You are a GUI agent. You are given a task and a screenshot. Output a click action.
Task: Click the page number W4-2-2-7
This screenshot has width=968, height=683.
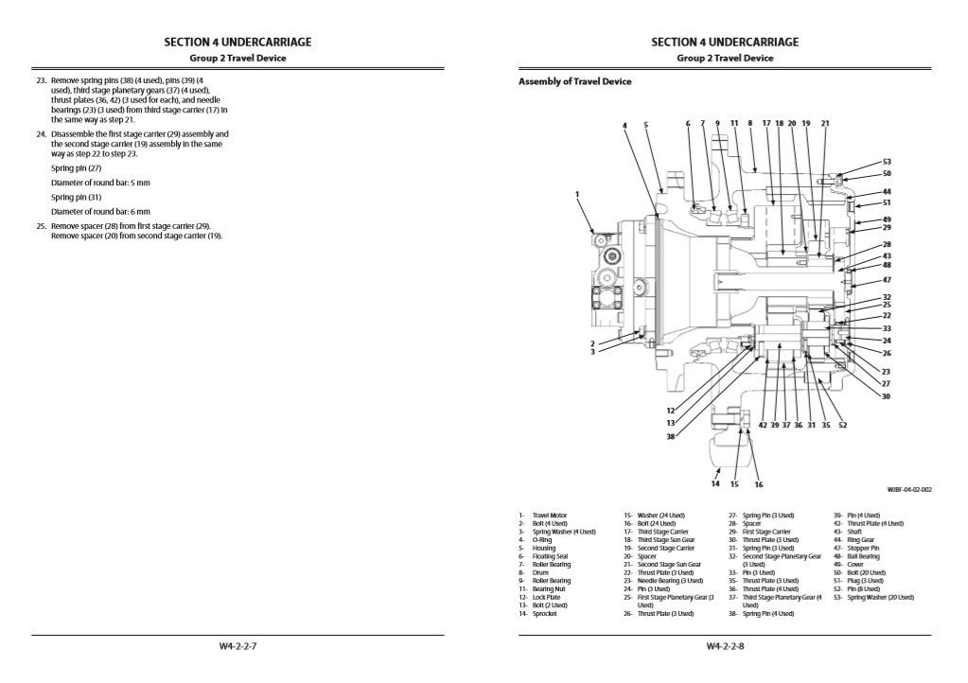(238, 647)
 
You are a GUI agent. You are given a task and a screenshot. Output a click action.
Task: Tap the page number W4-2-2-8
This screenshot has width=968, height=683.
(725, 647)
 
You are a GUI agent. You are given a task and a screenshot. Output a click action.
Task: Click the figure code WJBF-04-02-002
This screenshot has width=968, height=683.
(909, 489)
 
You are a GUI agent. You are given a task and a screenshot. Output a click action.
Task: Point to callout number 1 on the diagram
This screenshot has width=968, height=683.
(577, 194)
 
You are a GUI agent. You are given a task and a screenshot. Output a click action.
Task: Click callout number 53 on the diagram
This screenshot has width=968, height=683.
(886, 162)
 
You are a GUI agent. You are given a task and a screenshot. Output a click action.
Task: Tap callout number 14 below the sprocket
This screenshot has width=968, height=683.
(715, 483)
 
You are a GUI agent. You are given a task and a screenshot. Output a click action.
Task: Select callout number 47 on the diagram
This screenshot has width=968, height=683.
(886, 280)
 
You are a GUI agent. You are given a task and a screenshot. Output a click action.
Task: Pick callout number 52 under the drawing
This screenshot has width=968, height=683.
(842, 426)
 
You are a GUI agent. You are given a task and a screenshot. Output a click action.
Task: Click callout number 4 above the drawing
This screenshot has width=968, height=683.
(625, 125)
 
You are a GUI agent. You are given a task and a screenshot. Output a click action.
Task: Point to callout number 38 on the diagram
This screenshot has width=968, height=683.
(670, 436)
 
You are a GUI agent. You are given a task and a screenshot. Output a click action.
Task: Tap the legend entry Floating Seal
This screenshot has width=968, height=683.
(549, 556)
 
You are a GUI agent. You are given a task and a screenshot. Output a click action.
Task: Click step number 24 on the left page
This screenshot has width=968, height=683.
(41, 134)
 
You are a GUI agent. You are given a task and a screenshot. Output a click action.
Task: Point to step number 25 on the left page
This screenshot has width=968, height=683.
(41, 226)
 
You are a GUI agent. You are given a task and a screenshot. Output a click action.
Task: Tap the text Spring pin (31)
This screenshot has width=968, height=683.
(76, 197)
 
